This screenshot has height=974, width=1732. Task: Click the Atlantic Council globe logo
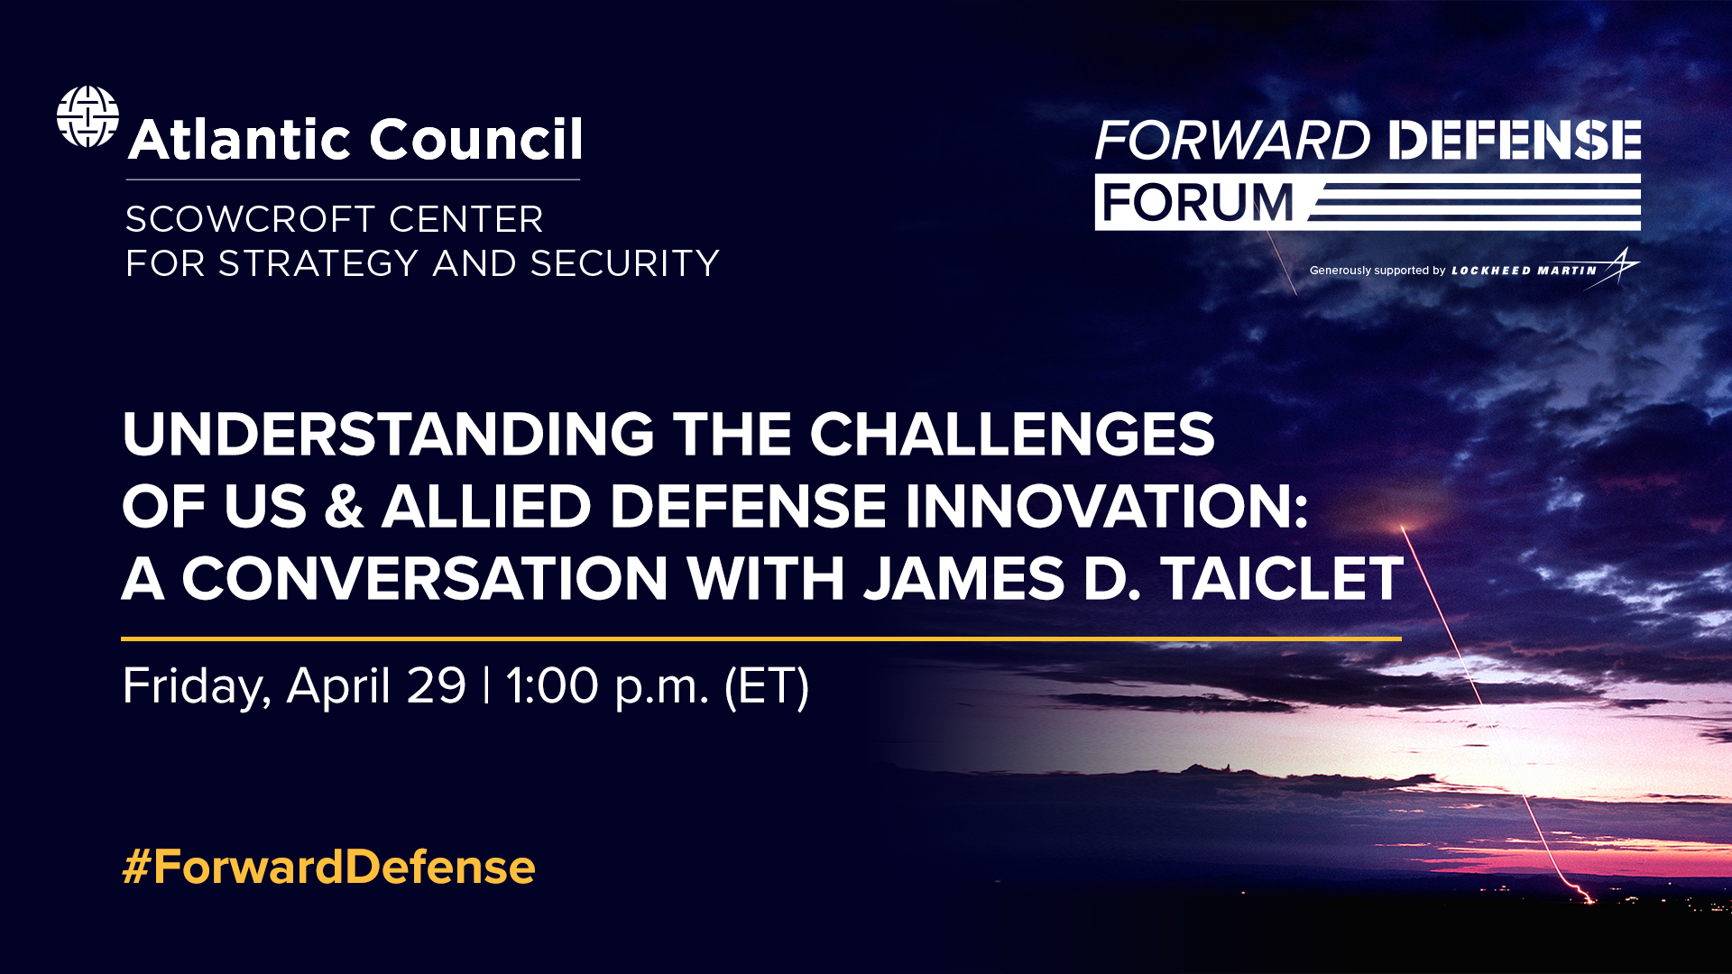pyautogui.click(x=88, y=116)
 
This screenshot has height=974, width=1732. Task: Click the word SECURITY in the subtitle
pyautogui.click(x=624, y=263)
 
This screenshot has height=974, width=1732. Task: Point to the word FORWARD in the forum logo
pyautogui.click(x=1232, y=141)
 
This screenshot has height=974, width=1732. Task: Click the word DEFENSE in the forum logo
pyautogui.click(x=1514, y=141)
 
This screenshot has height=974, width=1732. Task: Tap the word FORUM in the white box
pyautogui.click(x=1197, y=202)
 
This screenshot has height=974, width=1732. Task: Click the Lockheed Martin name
pyautogui.click(x=1524, y=271)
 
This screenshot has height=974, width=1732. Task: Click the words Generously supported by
pyautogui.click(x=1377, y=271)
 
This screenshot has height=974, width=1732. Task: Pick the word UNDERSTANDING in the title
pyautogui.click(x=388, y=435)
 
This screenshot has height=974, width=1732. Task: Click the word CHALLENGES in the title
pyautogui.click(x=1011, y=435)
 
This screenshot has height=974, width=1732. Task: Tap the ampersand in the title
pyautogui.click(x=344, y=506)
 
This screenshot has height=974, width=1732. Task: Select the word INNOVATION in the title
pyautogui.click(x=1106, y=506)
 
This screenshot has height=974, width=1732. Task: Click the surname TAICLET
pyautogui.click(x=1282, y=578)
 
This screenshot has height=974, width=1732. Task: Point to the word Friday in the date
pyautogui.click(x=195, y=686)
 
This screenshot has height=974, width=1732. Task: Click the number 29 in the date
pyautogui.click(x=436, y=686)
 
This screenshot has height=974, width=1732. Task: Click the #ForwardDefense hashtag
pyautogui.click(x=328, y=867)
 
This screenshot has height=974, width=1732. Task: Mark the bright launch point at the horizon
pyautogui.click(x=1586, y=896)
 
